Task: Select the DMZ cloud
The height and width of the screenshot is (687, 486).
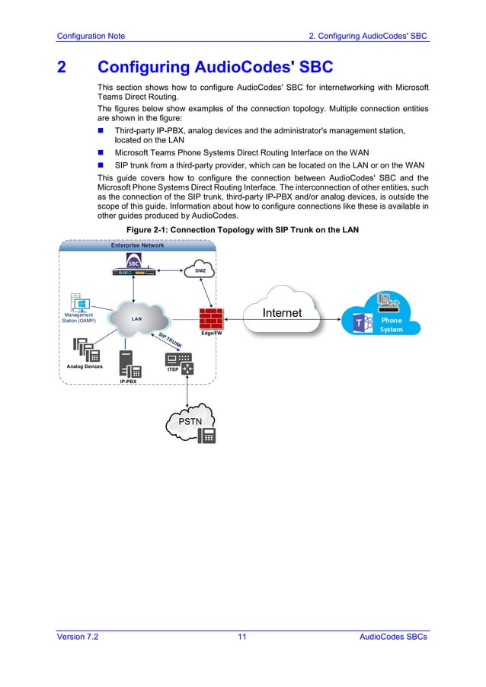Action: point(200,270)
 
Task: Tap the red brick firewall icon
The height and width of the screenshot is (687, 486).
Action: point(209,318)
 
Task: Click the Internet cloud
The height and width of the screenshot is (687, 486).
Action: point(282,312)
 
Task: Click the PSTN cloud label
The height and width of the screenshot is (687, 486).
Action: point(189,421)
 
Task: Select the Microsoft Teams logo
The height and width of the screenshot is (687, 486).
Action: point(360,324)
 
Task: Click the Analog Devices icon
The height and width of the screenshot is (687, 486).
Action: point(86,350)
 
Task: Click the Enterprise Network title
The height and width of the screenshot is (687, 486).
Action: point(137,245)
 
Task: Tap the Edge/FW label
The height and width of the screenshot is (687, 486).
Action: point(212,334)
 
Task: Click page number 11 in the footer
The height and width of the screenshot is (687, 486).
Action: point(242,637)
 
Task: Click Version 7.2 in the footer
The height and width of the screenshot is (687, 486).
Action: point(78,637)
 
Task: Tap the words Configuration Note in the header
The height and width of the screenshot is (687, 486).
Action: point(91,36)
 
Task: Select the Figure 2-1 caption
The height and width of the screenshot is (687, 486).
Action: point(241,230)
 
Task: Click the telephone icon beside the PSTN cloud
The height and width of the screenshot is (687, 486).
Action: point(206,435)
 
